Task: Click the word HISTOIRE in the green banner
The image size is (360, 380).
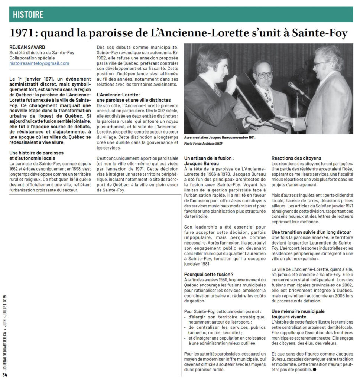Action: click(x=28, y=14)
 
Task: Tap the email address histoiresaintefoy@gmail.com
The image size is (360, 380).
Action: click(x=39, y=63)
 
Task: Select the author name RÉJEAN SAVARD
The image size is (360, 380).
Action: click(x=27, y=47)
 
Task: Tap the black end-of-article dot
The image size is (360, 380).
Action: click(x=314, y=370)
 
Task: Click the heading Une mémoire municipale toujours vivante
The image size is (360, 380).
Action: click(x=298, y=314)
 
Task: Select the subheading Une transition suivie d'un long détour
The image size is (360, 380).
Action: click(x=311, y=232)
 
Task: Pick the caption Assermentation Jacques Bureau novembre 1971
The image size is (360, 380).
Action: click(x=220, y=137)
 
